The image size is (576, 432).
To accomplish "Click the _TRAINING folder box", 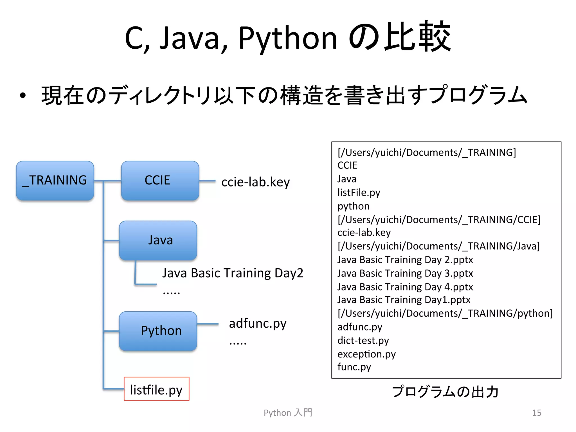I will point(55,181).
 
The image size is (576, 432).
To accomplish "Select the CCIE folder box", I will point(160,181).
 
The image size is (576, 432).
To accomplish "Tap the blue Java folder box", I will point(158,240).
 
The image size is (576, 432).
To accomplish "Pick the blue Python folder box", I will point(158,331).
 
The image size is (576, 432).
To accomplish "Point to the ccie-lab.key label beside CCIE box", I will point(255,182).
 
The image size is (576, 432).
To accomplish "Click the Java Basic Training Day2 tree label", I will point(233,273).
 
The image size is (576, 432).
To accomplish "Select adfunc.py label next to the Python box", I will point(258,324).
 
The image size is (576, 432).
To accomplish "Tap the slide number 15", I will point(537,413).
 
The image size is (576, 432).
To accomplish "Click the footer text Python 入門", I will point(288,413).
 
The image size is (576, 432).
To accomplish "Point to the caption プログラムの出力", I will point(445,391).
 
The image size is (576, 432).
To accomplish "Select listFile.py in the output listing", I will point(359,193).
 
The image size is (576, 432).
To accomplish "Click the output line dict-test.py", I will point(363,341).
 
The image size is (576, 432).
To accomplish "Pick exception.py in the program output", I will point(366,354).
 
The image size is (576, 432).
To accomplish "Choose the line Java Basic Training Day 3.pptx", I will point(405,273).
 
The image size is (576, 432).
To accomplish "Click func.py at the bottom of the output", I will point(354,367).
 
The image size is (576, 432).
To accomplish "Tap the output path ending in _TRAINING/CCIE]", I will point(439,220).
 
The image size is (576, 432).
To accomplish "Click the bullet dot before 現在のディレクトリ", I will point(23,96).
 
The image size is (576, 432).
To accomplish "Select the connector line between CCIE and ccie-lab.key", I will point(207,181).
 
